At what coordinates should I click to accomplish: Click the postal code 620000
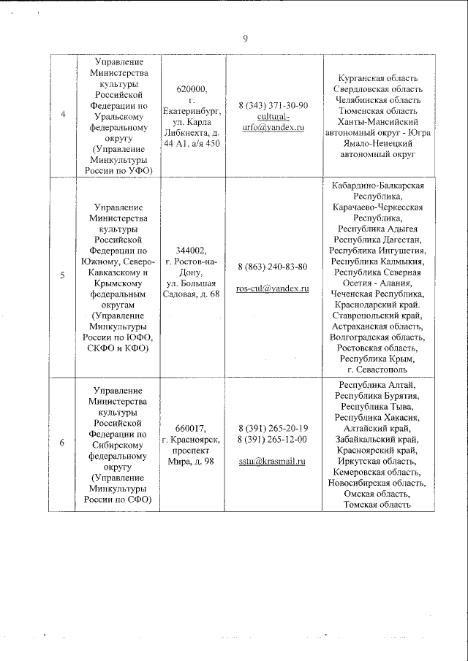pyautogui.click(x=192, y=89)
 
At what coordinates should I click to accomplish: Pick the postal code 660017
pyautogui.click(x=192, y=428)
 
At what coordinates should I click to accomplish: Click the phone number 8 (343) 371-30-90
pyautogui.click(x=273, y=105)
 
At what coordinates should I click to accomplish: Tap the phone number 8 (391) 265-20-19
pyautogui.click(x=273, y=428)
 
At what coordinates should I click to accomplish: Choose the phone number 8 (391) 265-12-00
pyautogui.click(x=273, y=439)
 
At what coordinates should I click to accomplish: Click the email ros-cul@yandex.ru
pyautogui.click(x=273, y=289)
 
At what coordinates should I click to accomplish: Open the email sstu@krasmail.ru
pyautogui.click(x=273, y=462)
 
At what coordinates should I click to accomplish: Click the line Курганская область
pyautogui.click(x=378, y=77)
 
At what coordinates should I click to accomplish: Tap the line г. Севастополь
pyautogui.click(x=378, y=370)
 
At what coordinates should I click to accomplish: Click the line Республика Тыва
pyautogui.click(x=378, y=406)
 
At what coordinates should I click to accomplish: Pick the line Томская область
pyautogui.click(x=378, y=504)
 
